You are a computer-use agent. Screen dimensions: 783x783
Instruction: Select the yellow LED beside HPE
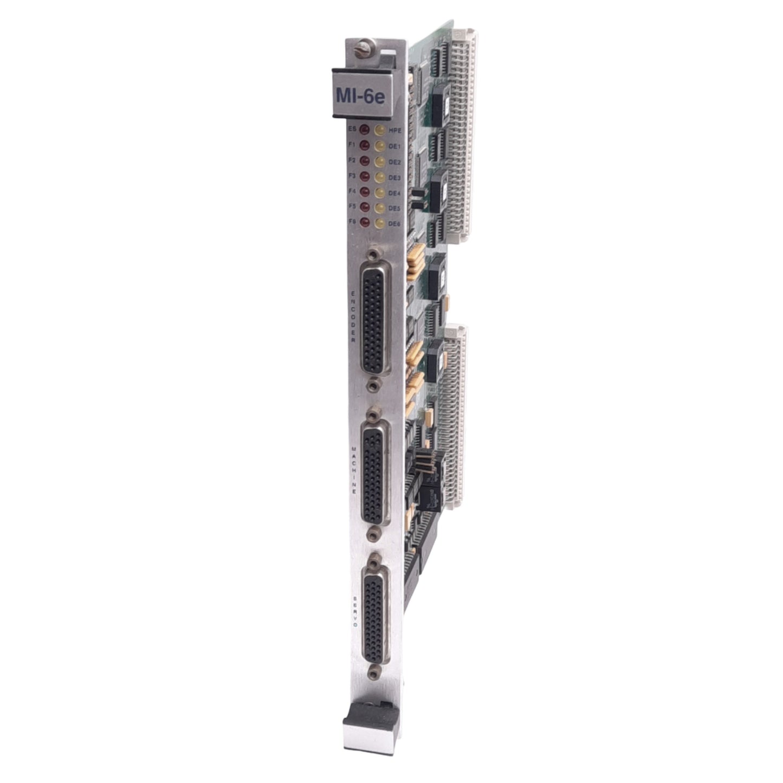pos(380,131)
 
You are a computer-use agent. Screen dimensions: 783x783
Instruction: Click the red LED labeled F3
pos(364,176)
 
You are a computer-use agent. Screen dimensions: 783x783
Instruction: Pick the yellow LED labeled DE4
pos(380,192)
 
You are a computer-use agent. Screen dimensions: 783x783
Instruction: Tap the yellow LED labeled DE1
pos(380,146)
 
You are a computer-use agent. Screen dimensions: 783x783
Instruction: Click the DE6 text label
pos(394,223)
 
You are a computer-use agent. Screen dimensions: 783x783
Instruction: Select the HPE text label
pos(394,131)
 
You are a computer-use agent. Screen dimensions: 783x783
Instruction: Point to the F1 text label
pos(352,145)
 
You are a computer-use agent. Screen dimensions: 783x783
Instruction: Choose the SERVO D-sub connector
pos(376,610)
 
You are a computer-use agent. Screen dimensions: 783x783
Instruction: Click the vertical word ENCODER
pos(354,317)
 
